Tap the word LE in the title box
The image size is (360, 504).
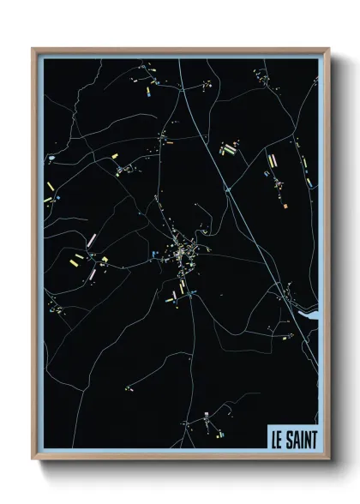click(x=277, y=438)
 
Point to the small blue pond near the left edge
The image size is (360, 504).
click(x=52, y=160)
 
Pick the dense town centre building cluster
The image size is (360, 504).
click(x=182, y=252)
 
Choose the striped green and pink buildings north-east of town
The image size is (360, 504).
click(x=228, y=148)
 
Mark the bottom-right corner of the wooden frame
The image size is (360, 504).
click(x=327, y=459)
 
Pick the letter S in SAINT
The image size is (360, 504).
click(x=290, y=438)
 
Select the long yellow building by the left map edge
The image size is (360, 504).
click(x=51, y=185)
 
